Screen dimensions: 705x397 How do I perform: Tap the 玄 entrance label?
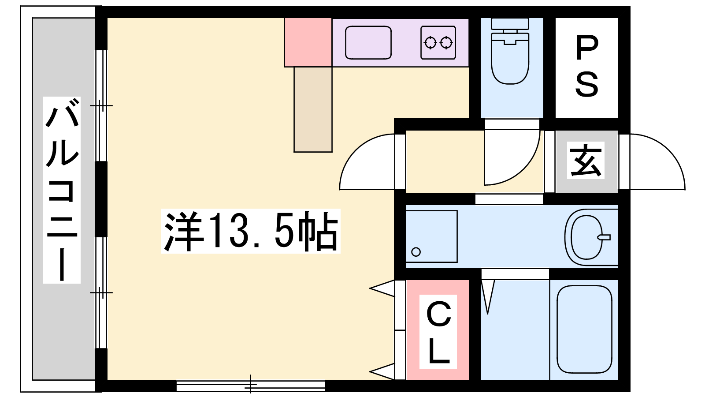pyautogui.click(x=586, y=160)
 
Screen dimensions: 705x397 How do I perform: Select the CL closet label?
pyautogui.click(x=438, y=332)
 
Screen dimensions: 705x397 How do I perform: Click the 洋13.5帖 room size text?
pyautogui.click(x=251, y=231)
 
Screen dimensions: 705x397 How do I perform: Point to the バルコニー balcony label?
pyautogui.click(x=62, y=190)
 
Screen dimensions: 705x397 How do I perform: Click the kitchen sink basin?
pyautogui.click(x=368, y=42)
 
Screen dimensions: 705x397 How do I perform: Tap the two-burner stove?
pyautogui.click(x=438, y=42)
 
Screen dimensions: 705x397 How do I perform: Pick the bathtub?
pyautogui.click(x=584, y=330)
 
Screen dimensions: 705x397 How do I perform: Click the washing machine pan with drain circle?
pyautogui.click(x=431, y=236)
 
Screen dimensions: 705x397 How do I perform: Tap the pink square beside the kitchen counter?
pyautogui.click(x=308, y=42)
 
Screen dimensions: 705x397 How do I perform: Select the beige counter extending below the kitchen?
pyautogui.click(x=313, y=110)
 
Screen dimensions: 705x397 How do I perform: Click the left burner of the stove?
pyautogui.click(x=430, y=42)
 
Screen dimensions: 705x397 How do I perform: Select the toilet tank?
pyautogui.click(x=510, y=24)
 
